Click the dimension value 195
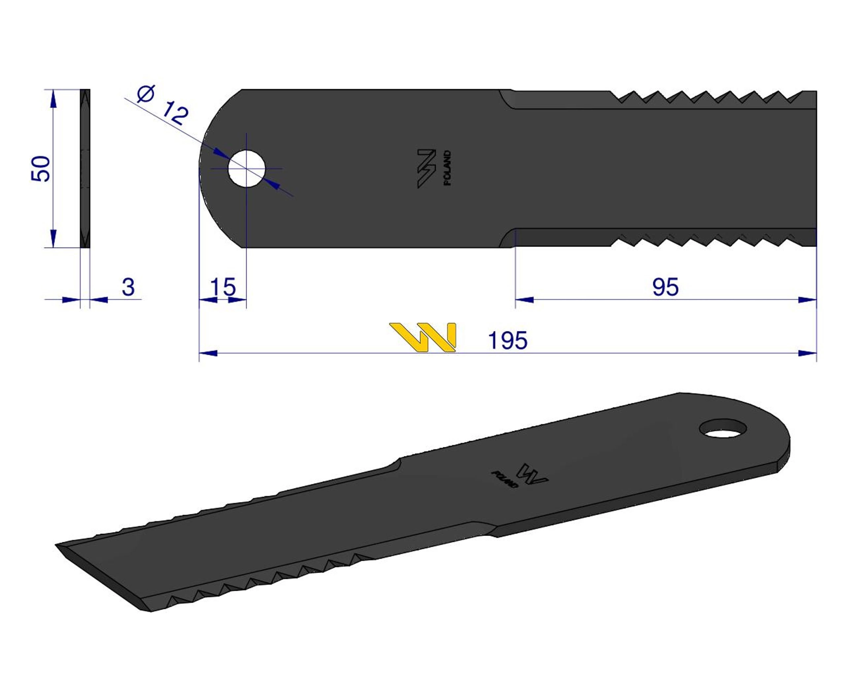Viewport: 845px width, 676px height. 508,340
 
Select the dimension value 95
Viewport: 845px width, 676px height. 665,287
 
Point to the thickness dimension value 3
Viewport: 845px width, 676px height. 128,287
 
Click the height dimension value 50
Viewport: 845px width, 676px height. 41,169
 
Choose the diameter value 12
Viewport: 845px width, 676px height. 175,113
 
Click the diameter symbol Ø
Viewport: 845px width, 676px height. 146,94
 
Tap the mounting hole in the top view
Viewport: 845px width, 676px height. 247,169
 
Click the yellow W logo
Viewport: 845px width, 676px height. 423,337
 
